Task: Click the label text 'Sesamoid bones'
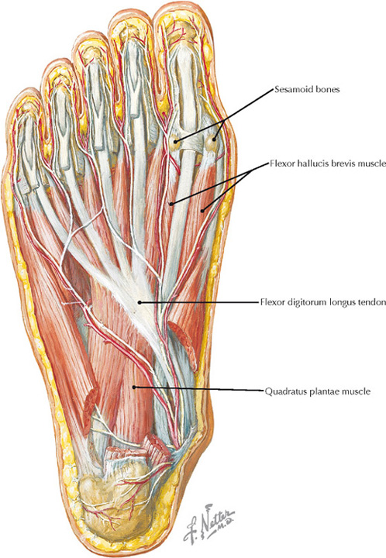tap(307, 89)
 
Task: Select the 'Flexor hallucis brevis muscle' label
tap(328, 164)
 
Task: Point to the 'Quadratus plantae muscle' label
tap(318, 391)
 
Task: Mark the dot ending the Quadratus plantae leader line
tap(134, 387)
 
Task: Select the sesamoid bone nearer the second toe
tap(174, 141)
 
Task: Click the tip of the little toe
tap(24, 89)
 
